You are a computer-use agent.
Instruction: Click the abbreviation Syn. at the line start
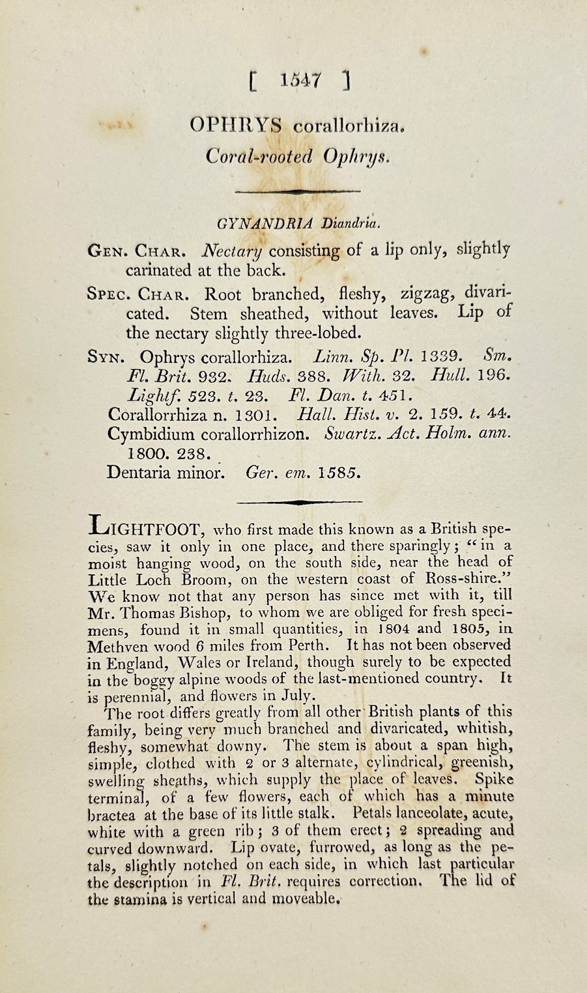[x=108, y=357]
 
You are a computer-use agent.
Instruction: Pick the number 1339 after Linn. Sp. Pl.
[x=442, y=357]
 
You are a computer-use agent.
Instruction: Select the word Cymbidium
[x=149, y=434]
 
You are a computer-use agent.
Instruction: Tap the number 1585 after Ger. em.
[x=336, y=473]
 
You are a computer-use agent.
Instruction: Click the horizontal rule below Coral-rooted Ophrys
[x=297, y=191]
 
